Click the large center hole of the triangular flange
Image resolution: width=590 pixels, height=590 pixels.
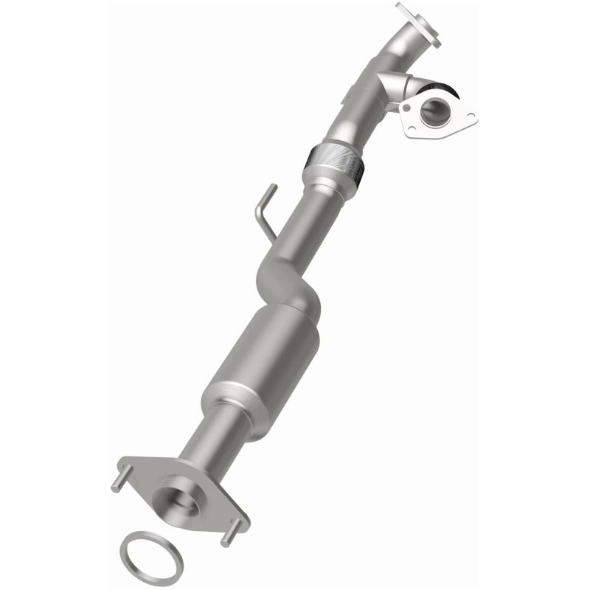tap(437, 111)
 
